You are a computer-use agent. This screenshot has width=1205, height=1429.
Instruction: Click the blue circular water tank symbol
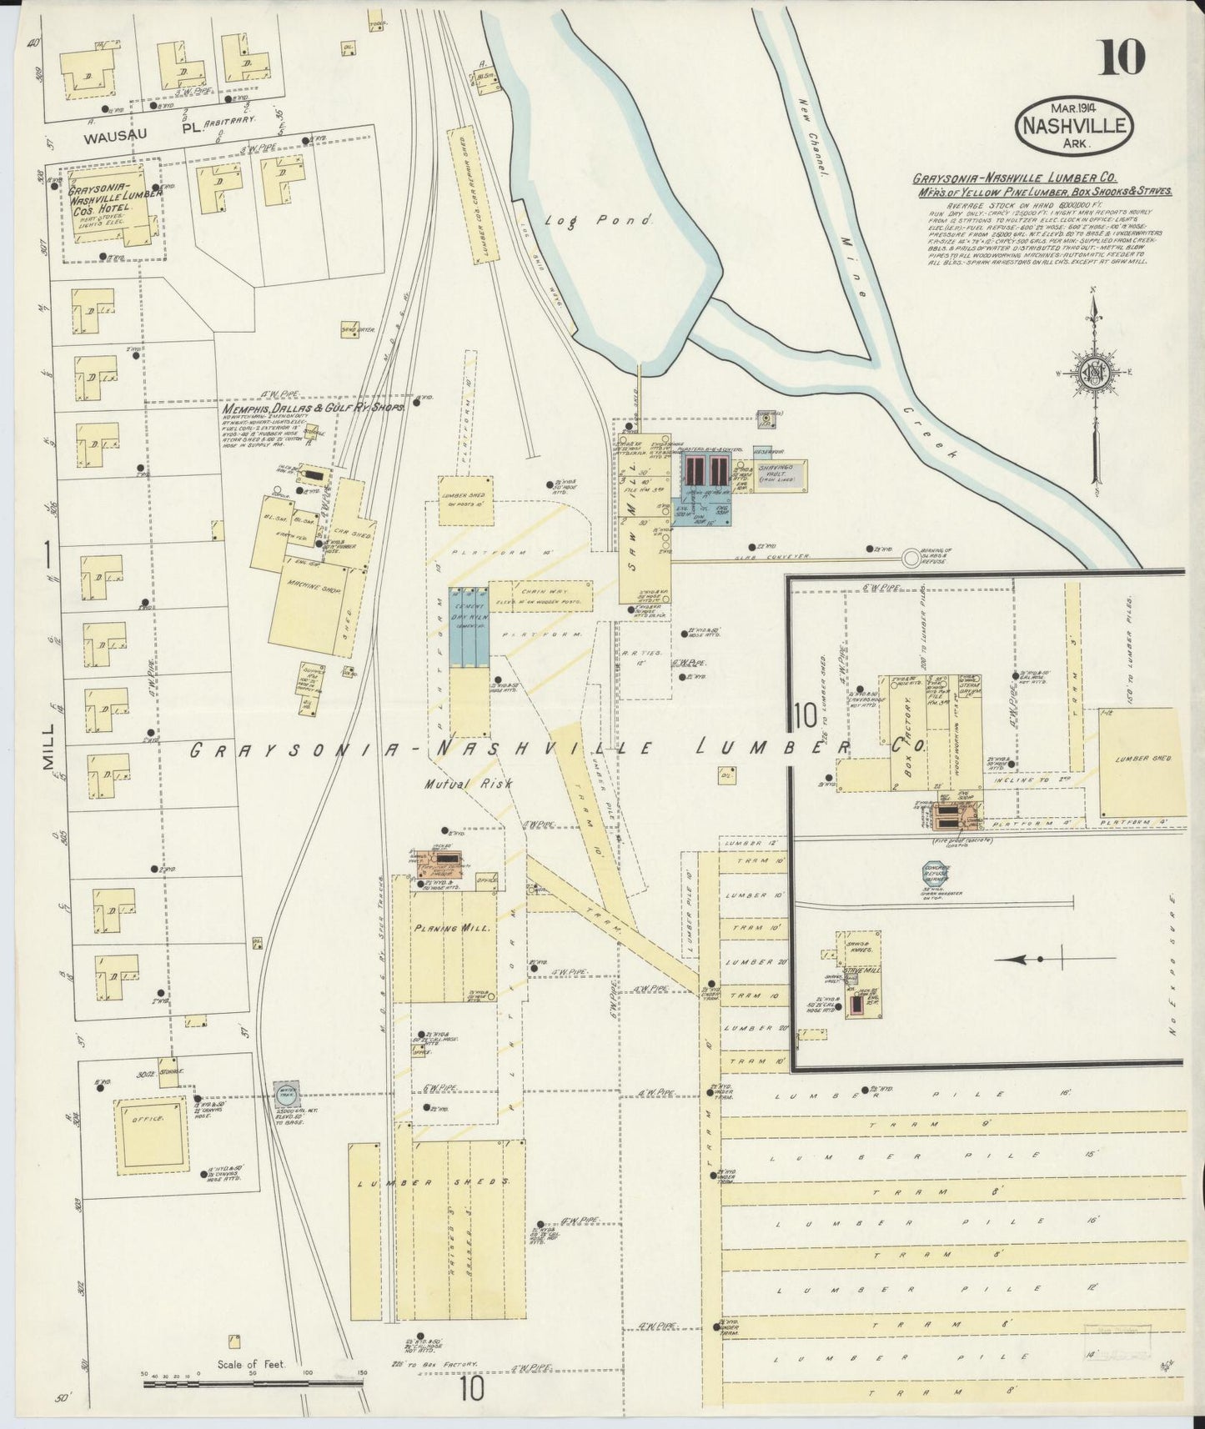pyautogui.click(x=285, y=1093)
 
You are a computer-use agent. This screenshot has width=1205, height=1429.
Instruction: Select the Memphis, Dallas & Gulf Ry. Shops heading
pyautogui.click(x=313, y=408)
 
